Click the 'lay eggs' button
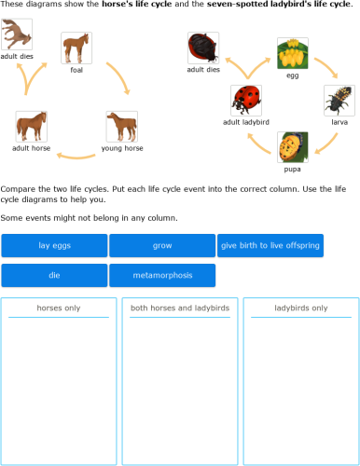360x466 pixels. tap(54, 246)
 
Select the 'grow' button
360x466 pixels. tap(162, 246)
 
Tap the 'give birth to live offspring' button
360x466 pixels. tap(270, 246)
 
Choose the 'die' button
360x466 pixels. tap(54, 276)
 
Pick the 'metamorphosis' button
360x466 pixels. tap(162, 276)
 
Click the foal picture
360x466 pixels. tap(76, 48)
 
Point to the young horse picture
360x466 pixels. tap(122, 126)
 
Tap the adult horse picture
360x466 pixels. tap(32, 126)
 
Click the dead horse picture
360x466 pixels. tap(16, 34)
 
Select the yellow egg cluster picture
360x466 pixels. tap(293, 53)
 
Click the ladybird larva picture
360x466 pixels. tap(339, 101)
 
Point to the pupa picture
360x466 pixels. tap(293, 147)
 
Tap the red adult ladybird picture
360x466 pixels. tap(246, 101)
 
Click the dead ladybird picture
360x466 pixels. tap(203, 48)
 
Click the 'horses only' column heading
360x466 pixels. tap(59, 308)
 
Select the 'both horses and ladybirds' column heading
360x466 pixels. tap(180, 308)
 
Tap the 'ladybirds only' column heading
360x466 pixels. tap(301, 308)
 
